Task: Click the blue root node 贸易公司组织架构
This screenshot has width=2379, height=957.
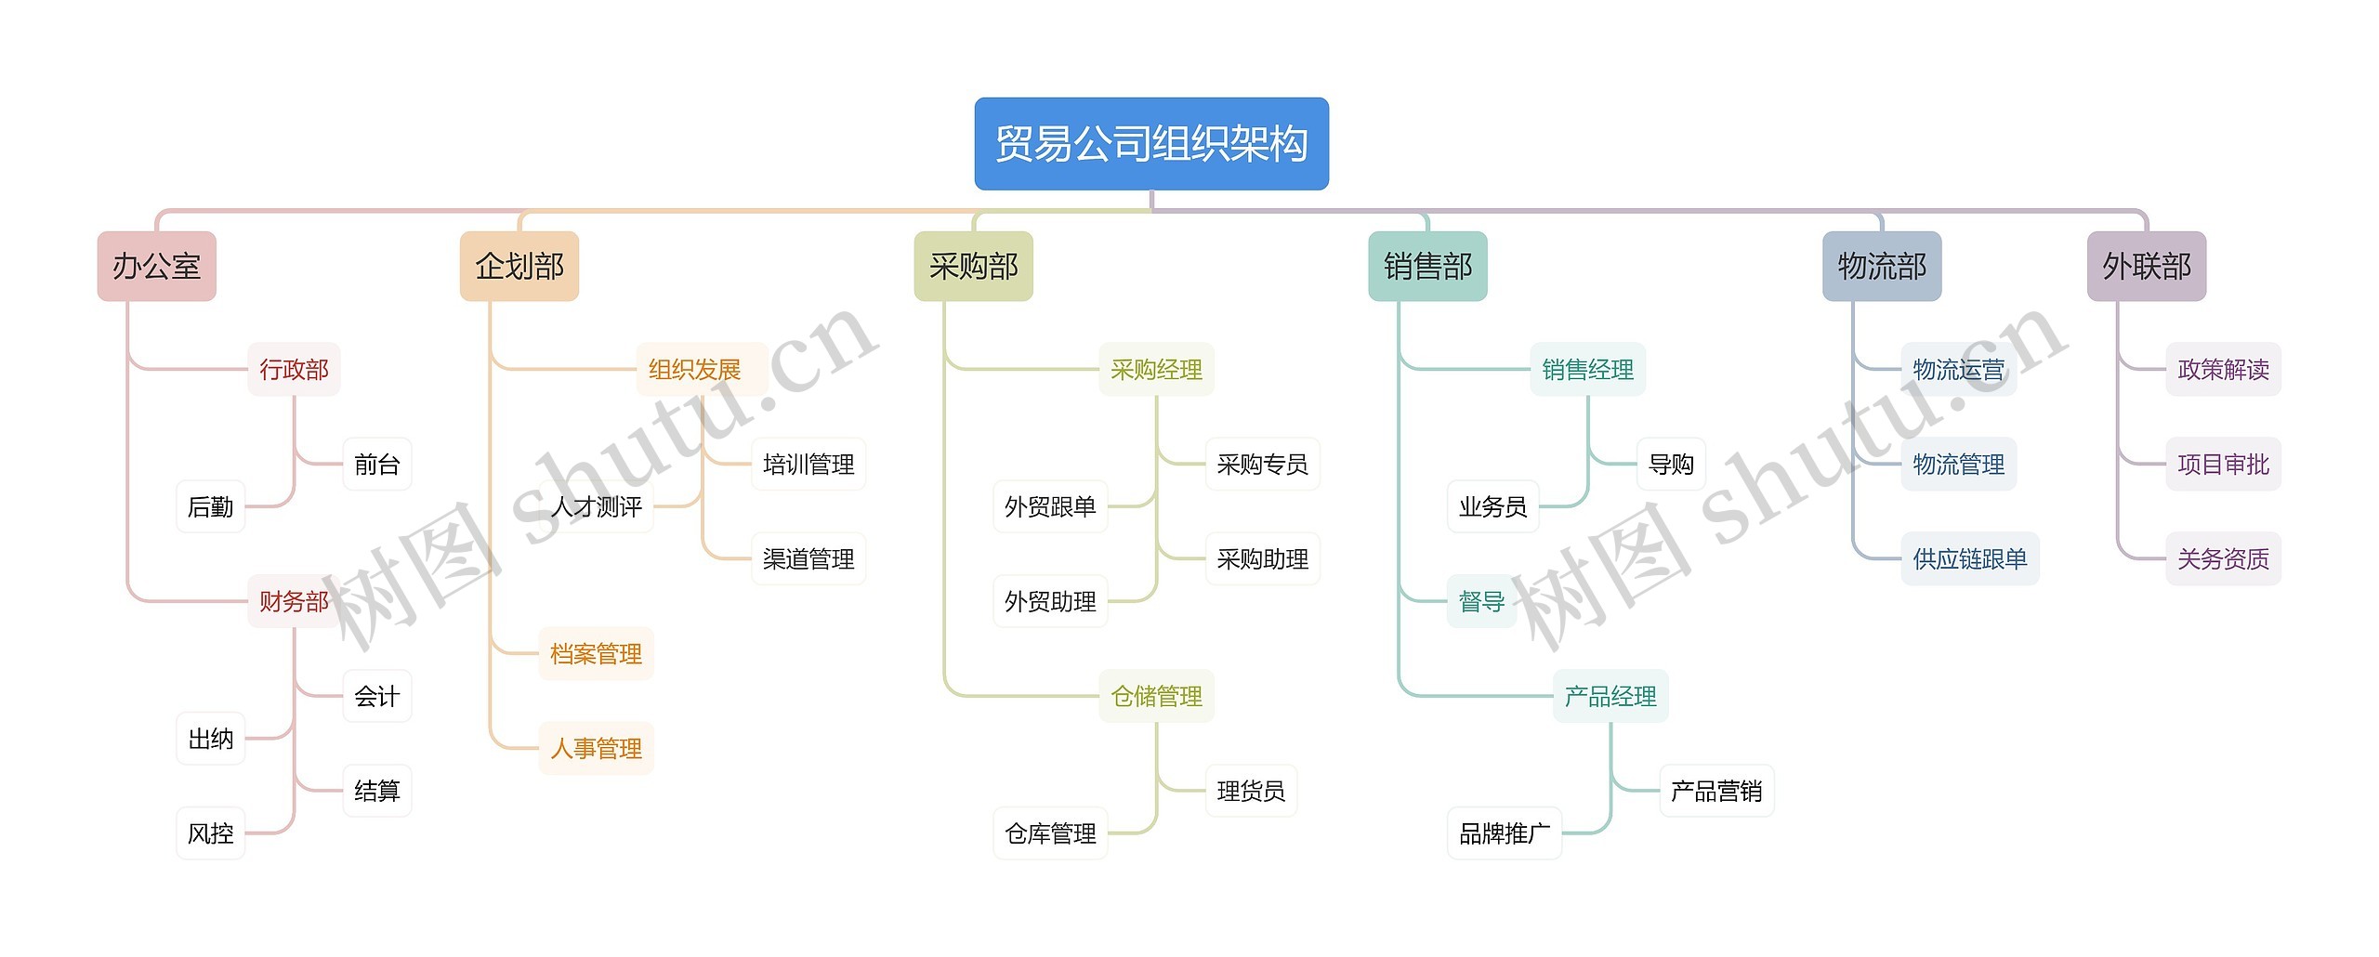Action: (1150, 144)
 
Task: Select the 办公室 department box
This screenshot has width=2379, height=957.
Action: (156, 267)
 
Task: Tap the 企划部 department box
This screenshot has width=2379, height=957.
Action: (519, 267)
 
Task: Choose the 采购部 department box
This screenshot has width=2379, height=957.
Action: (973, 267)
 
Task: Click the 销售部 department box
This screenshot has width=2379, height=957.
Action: (1427, 267)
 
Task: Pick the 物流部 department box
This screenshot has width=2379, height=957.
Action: (1882, 267)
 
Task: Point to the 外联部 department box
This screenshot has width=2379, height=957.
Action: (2146, 267)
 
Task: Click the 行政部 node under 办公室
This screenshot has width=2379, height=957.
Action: (294, 370)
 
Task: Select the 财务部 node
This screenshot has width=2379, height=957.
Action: (294, 602)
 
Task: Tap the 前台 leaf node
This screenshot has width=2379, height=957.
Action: (376, 465)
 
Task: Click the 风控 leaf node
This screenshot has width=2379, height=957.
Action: (211, 834)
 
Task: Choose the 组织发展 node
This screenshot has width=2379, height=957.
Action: (694, 370)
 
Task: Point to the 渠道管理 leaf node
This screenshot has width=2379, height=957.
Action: (808, 559)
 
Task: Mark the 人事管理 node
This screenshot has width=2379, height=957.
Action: (596, 749)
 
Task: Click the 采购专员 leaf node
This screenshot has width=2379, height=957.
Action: (1262, 465)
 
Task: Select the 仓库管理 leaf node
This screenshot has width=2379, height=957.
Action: (1050, 834)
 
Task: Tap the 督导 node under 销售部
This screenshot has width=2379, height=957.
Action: (1481, 602)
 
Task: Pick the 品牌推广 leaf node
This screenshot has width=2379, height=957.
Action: (1505, 834)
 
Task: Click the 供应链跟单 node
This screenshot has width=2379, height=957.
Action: (1970, 559)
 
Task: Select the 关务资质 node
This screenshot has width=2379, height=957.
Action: (2223, 559)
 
